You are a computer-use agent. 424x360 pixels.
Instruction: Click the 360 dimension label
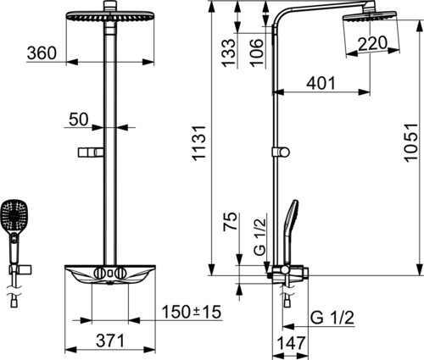point(42,53)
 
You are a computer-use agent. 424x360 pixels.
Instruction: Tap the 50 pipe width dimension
point(79,119)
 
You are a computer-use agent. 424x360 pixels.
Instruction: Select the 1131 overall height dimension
point(199,143)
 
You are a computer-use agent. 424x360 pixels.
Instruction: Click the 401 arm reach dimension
point(321,83)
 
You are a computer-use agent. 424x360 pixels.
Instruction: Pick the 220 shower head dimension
point(372,43)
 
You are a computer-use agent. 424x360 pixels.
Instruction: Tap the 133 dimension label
point(228,53)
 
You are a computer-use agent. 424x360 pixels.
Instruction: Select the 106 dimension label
point(257,53)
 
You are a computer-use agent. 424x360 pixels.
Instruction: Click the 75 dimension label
point(230,222)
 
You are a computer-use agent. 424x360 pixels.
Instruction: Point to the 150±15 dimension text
point(192,312)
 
